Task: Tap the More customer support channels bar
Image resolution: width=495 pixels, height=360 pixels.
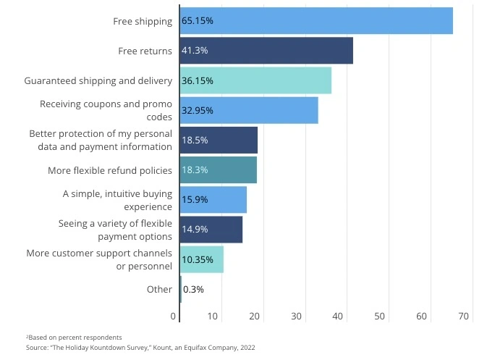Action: point(202,259)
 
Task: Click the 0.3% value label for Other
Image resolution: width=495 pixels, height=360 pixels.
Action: point(194,289)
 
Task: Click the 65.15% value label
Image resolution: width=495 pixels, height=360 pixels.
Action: point(198,21)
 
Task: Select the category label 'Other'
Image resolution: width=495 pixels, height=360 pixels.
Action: point(159,289)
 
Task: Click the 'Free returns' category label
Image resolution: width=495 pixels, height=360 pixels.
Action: point(145,51)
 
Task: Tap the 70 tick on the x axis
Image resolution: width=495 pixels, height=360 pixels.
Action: point(464,316)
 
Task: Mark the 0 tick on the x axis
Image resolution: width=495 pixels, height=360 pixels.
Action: point(174,316)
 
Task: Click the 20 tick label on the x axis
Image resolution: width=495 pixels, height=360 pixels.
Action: point(255,316)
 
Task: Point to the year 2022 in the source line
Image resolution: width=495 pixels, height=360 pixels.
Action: point(245,348)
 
